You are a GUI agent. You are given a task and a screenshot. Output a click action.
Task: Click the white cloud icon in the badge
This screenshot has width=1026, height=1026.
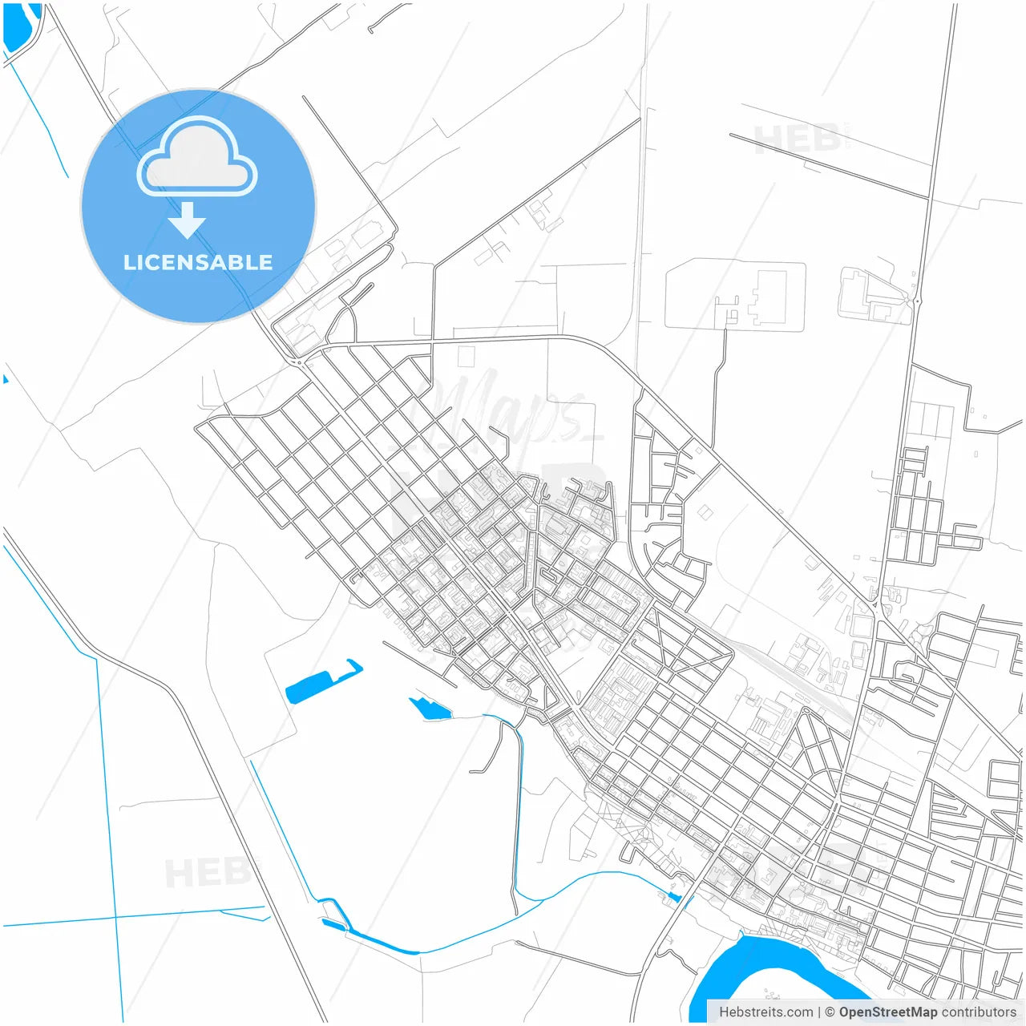(x=197, y=157)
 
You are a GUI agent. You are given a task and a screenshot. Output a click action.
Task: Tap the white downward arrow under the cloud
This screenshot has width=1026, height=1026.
(x=188, y=220)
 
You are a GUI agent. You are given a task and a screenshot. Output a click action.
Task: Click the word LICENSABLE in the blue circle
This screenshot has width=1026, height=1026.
(x=198, y=262)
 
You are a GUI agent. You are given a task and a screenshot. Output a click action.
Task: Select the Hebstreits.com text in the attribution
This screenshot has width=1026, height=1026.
(x=765, y=1012)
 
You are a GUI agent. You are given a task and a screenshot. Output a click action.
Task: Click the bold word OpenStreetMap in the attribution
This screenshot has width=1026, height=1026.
(x=888, y=1012)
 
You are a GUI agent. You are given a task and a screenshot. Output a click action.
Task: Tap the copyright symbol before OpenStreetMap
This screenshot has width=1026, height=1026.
(x=830, y=1012)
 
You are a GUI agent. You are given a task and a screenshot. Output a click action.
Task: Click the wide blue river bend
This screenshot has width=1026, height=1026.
(x=753, y=974)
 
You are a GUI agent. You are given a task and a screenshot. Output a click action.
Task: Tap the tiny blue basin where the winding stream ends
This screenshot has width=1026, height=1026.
(x=674, y=896)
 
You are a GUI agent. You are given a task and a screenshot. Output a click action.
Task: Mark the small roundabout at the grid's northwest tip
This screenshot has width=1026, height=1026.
(x=298, y=363)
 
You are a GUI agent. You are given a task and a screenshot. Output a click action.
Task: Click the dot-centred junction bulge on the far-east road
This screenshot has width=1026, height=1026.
(x=917, y=301)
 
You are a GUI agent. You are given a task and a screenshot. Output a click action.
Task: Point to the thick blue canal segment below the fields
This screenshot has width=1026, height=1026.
(x=385, y=943)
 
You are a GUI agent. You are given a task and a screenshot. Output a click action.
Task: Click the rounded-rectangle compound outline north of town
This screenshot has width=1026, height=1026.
(x=735, y=294)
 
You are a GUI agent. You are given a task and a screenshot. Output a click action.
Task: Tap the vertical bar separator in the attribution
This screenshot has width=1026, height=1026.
(x=819, y=1012)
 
